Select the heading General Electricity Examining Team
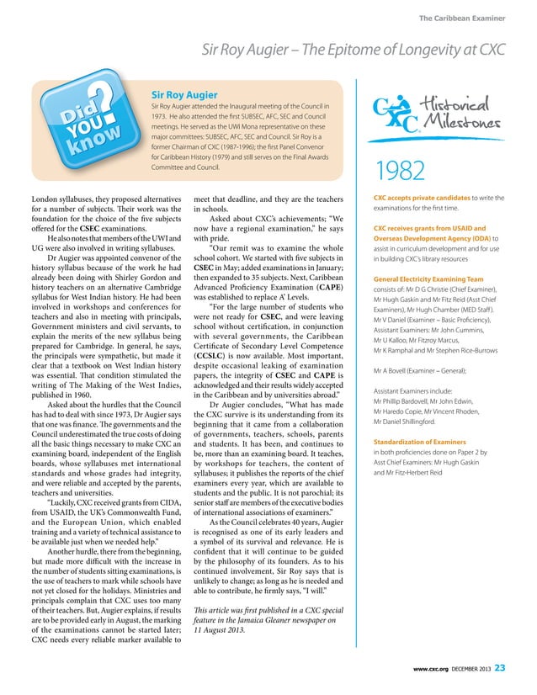[x=429, y=279]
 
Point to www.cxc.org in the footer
[x=422, y=669]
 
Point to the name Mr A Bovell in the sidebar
[x=392, y=370]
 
